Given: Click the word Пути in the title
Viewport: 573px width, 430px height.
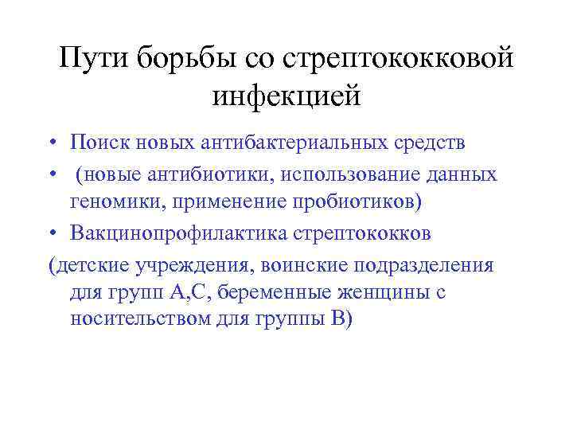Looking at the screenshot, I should click(95, 57).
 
